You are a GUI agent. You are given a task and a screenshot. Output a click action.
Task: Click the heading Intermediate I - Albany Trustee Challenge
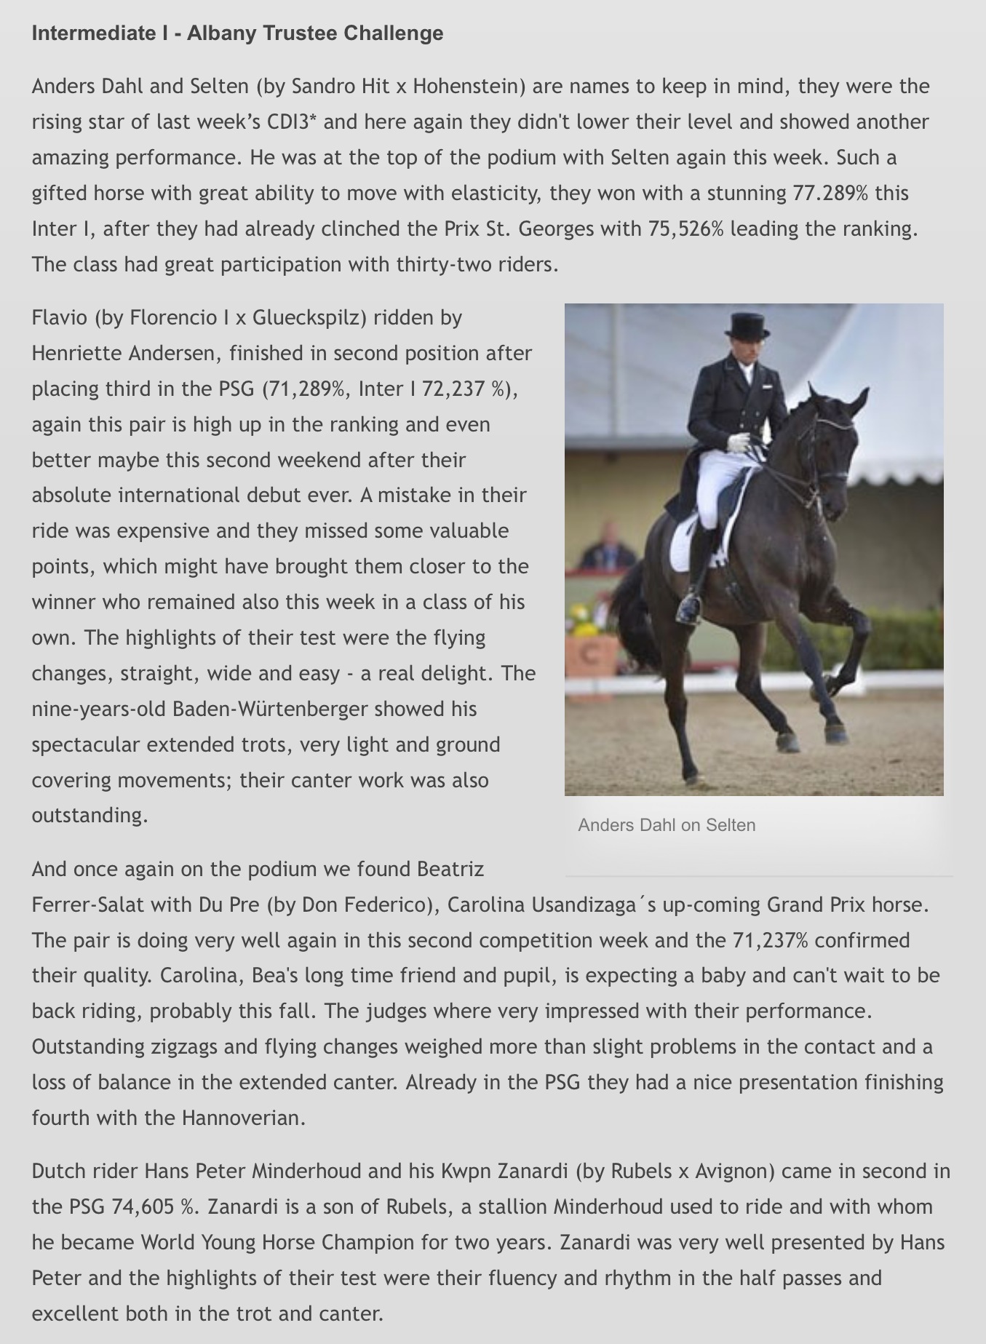click(x=237, y=33)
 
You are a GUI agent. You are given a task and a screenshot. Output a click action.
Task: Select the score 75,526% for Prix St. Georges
click(x=685, y=229)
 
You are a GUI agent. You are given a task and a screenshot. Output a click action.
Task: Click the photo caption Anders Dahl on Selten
click(x=667, y=825)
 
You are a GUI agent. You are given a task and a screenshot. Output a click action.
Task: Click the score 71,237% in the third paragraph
click(x=771, y=940)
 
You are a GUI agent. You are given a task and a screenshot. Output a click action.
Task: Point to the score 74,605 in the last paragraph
click(x=143, y=1207)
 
